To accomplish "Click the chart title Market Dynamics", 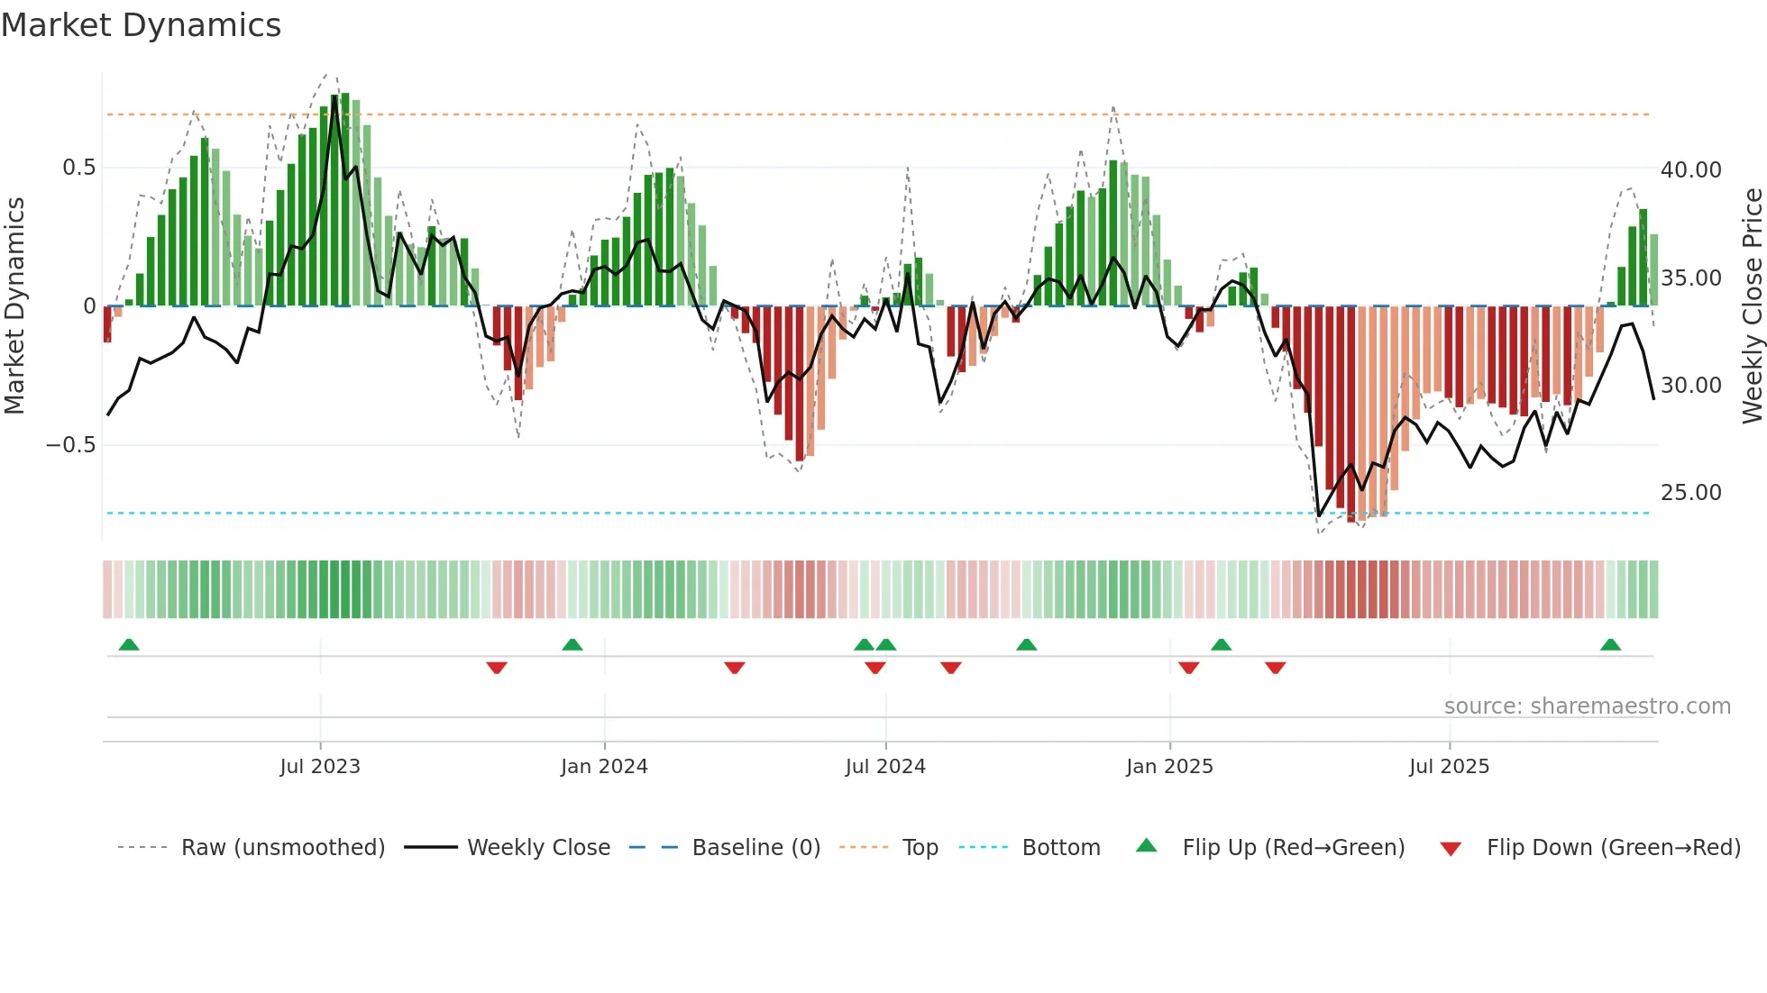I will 142,25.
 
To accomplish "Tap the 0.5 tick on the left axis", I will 78,168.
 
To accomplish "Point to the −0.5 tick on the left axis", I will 70,445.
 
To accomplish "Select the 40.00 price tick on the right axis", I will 1690,170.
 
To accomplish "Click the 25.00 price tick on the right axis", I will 1690,493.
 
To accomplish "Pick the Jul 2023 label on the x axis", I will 320,767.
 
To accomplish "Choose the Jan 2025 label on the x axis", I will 1169,767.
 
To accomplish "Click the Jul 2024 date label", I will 885,767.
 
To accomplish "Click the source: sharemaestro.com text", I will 1587,706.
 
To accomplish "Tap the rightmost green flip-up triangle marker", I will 1610,645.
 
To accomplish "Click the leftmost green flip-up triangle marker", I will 129,645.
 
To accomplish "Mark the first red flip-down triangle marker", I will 497,668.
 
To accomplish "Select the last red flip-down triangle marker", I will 1275,668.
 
